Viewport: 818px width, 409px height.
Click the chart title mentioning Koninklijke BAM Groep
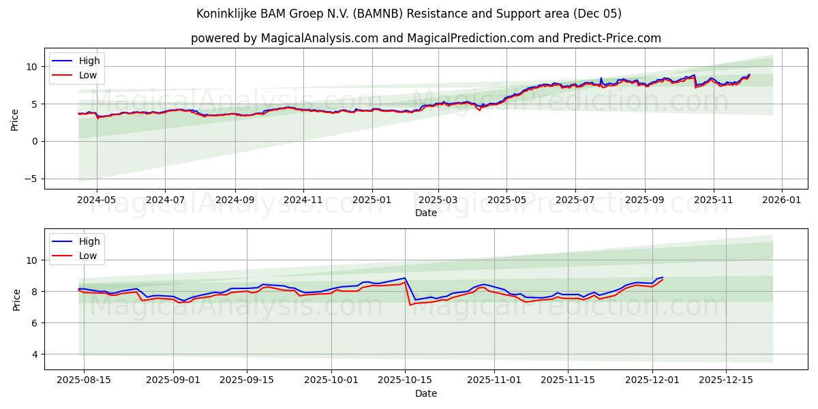tap(408, 14)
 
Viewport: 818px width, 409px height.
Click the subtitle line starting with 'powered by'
tap(425, 38)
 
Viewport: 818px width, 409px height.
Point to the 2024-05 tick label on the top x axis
tap(97, 200)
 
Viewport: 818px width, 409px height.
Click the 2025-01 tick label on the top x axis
tap(372, 200)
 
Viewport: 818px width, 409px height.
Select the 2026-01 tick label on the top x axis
tap(781, 200)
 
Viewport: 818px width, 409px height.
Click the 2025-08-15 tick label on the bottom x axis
tap(84, 380)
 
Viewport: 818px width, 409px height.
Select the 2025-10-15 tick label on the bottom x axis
tap(405, 380)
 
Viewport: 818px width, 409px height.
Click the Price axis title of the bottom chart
tap(16, 299)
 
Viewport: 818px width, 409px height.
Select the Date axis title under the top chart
tap(425, 213)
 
